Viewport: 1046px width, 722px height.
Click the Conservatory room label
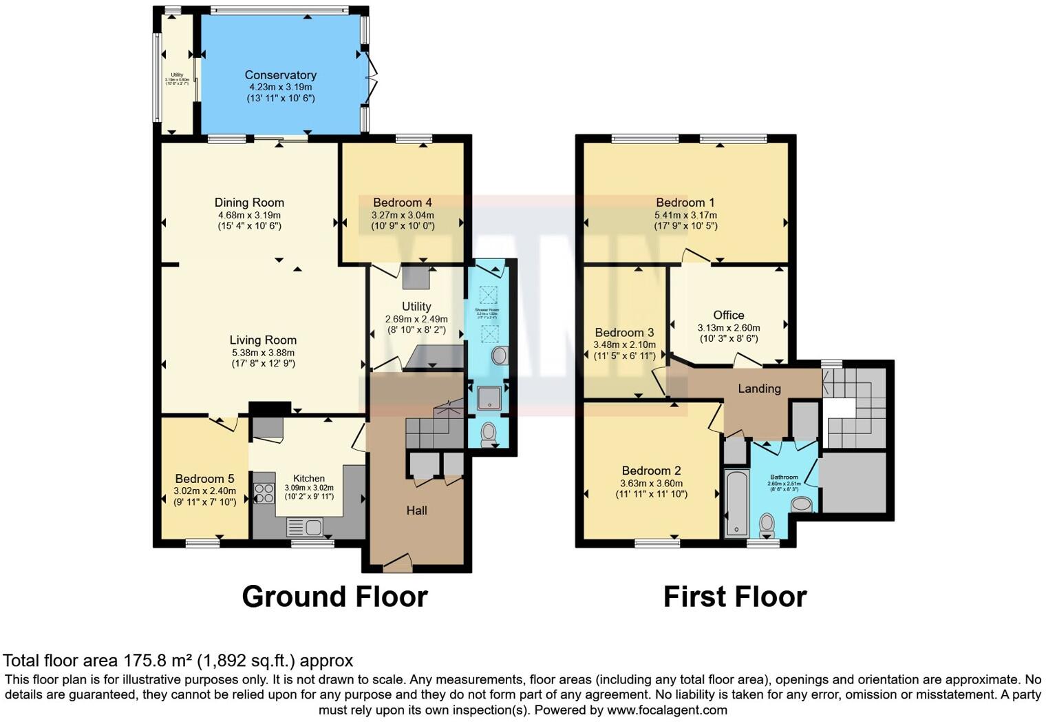tap(280, 75)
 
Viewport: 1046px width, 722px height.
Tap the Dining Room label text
tap(249, 203)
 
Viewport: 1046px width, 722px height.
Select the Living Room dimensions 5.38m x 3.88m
tap(264, 352)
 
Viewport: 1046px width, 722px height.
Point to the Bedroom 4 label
tap(403, 203)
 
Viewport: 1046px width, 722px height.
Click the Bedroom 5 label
tap(204, 479)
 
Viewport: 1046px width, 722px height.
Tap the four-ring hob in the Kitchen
tap(264, 493)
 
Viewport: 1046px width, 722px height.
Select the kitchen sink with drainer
tap(305, 528)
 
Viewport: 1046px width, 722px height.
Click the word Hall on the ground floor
tap(416, 510)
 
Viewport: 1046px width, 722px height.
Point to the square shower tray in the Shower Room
tap(489, 398)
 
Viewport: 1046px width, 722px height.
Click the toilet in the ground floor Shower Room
tap(489, 433)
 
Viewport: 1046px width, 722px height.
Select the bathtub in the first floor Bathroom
tap(736, 503)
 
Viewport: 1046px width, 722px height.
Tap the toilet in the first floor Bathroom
tap(767, 526)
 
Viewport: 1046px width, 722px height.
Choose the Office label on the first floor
tap(729, 316)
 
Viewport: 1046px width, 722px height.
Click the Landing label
tap(759, 389)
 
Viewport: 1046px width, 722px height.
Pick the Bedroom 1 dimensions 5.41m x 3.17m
tap(685, 215)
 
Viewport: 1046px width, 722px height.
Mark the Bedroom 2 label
tap(650, 471)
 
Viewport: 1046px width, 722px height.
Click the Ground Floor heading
tap(334, 597)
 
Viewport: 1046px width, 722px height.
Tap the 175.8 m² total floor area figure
tap(158, 661)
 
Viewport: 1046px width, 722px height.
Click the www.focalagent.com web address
tap(666, 710)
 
